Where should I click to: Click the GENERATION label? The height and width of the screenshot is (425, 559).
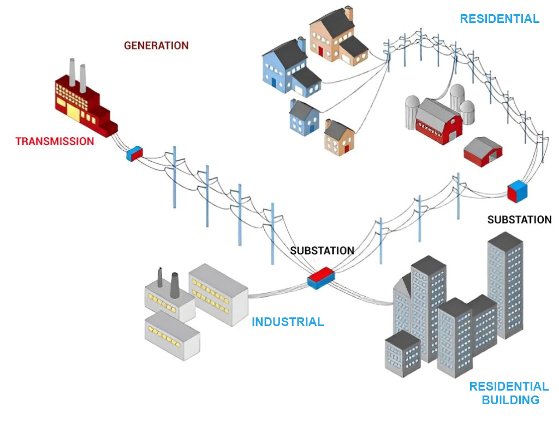pos(156,45)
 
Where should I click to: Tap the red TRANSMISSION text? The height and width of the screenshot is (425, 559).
pos(55,141)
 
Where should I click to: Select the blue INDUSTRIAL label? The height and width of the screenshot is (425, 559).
pos(288,322)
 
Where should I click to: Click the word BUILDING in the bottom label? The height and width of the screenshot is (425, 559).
pos(510,400)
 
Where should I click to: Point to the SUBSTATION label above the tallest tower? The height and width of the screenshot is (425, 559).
pos(519,220)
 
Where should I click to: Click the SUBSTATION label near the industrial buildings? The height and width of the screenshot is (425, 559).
pos(322,251)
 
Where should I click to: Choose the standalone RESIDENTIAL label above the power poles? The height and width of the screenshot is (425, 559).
pos(499,19)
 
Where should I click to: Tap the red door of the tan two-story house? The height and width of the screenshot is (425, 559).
pos(321,51)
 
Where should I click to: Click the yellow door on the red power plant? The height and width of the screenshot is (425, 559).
pos(72,111)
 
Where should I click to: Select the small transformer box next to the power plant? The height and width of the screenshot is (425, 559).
pos(134,154)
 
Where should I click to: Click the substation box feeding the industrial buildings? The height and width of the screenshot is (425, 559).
pos(320,278)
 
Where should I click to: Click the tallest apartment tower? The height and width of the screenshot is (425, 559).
pos(506,284)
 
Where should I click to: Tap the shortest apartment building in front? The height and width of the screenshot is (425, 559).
pos(402,352)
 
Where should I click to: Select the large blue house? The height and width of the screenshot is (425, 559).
pos(284,66)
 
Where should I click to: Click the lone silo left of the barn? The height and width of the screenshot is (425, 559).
pos(412,112)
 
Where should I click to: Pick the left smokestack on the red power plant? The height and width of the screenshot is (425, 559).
pos(72,73)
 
